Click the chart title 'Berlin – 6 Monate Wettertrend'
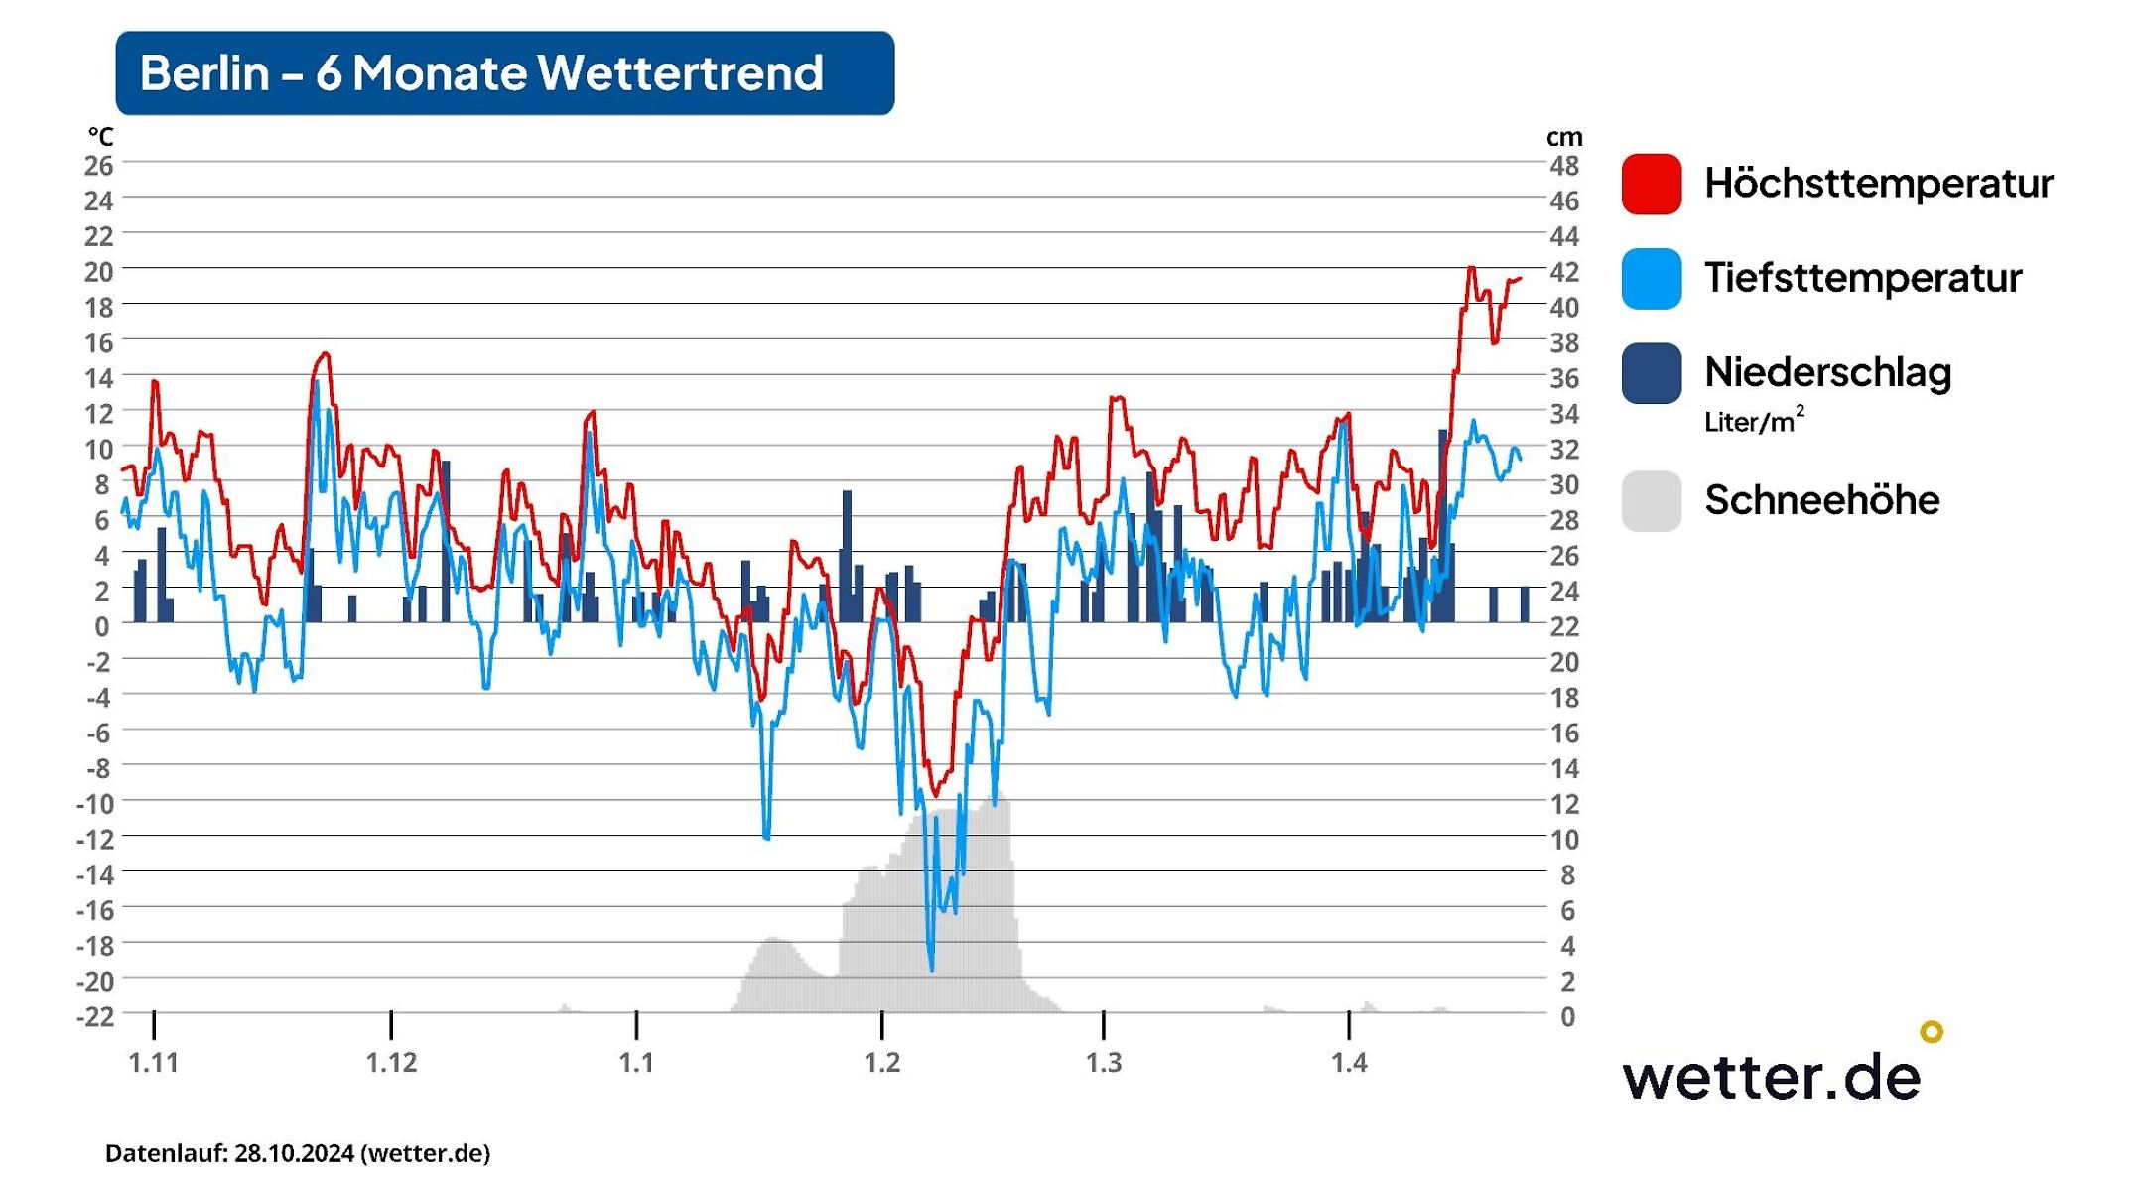pyautogui.click(x=482, y=73)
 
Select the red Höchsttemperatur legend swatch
pyautogui.click(x=1651, y=184)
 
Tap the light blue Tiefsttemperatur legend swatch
pyautogui.click(x=1651, y=279)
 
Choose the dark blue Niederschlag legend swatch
pyautogui.click(x=1651, y=373)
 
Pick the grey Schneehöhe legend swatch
pyautogui.click(x=1651, y=501)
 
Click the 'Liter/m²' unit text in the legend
pyautogui.click(x=1753, y=422)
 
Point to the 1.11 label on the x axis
pyautogui.click(x=154, y=1063)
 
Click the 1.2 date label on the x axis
pyautogui.click(x=881, y=1063)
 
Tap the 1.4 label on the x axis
pyautogui.click(x=1349, y=1063)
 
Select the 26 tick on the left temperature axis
pyautogui.click(x=98, y=166)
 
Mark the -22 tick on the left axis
pyautogui.click(x=95, y=1016)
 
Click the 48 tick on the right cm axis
pyautogui.click(x=1564, y=166)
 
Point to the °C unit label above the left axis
pyautogui.click(x=100, y=136)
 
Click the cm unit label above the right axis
pyautogui.click(x=1564, y=137)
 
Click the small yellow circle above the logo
pyautogui.click(x=1931, y=1032)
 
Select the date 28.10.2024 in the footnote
pyautogui.click(x=294, y=1153)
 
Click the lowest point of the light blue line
pyautogui.click(x=931, y=969)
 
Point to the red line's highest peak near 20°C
pyautogui.click(x=1471, y=268)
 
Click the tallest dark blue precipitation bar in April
pyautogui.click(x=1442, y=526)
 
